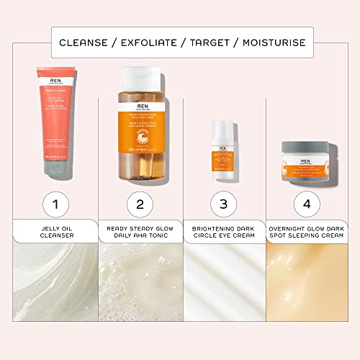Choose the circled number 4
[x=307, y=204]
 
